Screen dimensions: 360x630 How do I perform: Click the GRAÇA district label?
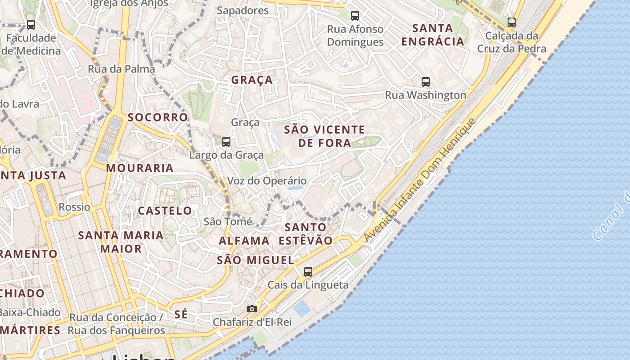pos(252,80)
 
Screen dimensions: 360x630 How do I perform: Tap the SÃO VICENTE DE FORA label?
pos(324,136)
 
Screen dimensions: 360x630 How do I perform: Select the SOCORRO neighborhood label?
pos(157,117)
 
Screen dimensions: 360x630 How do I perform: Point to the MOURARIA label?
pos(139,168)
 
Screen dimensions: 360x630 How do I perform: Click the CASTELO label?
pos(165,211)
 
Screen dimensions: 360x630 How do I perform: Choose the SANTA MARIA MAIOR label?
pos(121,242)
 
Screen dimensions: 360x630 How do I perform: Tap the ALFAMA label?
pos(244,241)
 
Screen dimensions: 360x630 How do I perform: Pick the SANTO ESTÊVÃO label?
pos(306,234)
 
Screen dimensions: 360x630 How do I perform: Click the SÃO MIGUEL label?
pos(255,260)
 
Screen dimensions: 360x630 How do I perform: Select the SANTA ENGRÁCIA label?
pos(432,35)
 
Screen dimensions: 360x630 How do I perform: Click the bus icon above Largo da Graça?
pos(226,142)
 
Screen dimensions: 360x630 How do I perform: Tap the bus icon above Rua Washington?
pos(425,82)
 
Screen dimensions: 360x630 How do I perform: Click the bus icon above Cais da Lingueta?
pos(308,272)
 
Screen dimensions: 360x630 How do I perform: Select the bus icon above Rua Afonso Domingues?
pos(355,16)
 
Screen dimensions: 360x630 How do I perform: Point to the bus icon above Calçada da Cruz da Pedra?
pos(511,22)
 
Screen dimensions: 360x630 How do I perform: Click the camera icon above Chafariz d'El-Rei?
pos(252,309)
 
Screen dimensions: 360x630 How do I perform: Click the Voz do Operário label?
pos(267,181)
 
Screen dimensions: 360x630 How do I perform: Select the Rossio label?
pos(74,207)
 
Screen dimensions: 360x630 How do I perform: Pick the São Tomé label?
pos(228,221)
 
